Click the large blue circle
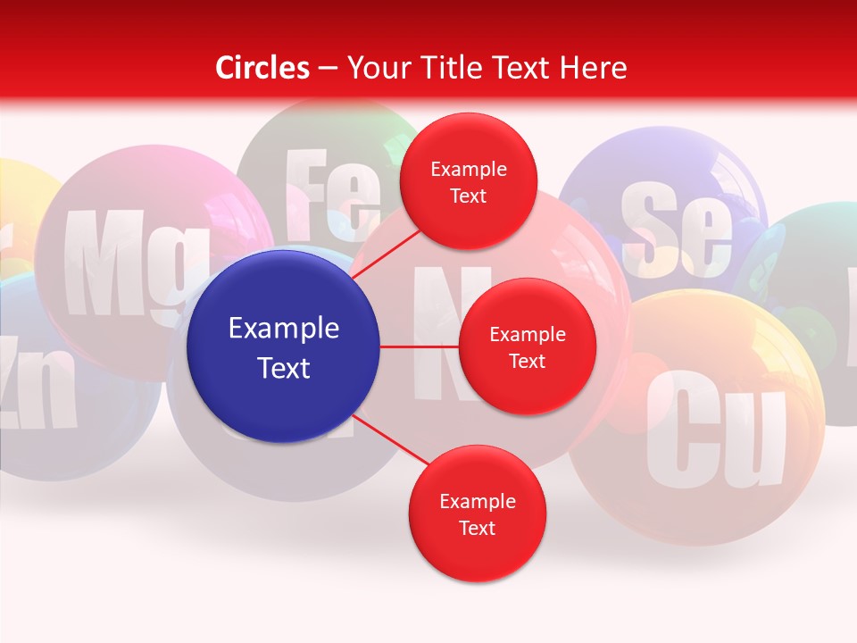(x=284, y=347)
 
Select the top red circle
(x=468, y=181)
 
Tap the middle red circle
(x=527, y=347)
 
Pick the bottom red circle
(x=477, y=514)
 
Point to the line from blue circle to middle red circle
(x=420, y=347)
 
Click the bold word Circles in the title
(x=262, y=68)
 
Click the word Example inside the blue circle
(x=284, y=328)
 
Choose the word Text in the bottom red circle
(x=477, y=528)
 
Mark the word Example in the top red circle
(x=468, y=169)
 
